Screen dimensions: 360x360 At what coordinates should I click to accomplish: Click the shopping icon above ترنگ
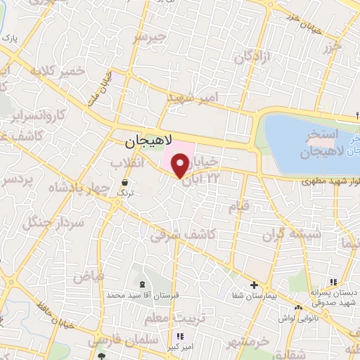[x=124, y=182]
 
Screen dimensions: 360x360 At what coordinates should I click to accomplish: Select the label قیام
[x=239, y=207]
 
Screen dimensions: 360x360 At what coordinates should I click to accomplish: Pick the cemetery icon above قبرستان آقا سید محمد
[x=143, y=283]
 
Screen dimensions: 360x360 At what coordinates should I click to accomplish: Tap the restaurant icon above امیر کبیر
[x=180, y=337]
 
